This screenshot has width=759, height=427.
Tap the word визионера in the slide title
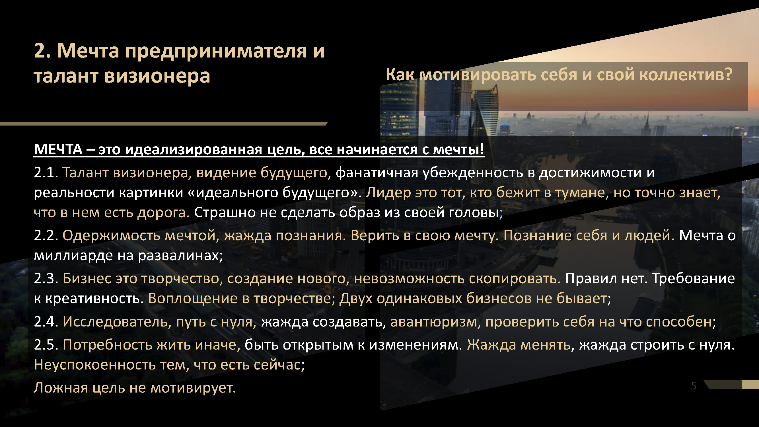coord(157,76)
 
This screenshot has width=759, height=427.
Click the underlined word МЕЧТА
coord(58,149)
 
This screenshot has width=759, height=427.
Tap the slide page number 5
coord(694,386)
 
